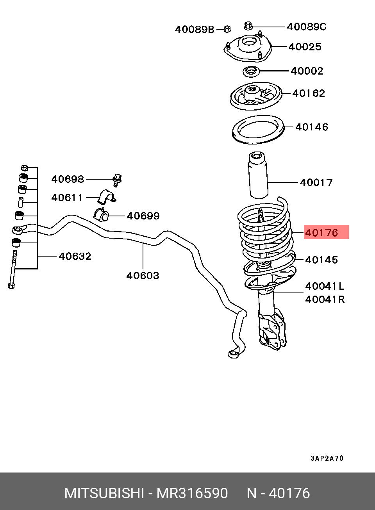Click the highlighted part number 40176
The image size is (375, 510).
(x=321, y=233)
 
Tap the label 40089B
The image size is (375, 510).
(x=195, y=29)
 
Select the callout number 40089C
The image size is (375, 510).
(x=307, y=27)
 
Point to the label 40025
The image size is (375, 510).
(x=305, y=47)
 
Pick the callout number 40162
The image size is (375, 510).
(x=309, y=93)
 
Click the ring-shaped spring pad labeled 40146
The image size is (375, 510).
(x=258, y=130)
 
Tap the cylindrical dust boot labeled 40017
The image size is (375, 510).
(x=258, y=175)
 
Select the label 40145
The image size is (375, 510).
(x=321, y=260)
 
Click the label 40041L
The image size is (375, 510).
(x=325, y=286)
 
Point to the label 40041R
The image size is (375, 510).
(x=325, y=300)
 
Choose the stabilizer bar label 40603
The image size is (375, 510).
(x=143, y=276)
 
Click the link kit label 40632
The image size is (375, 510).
(x=75, y=256)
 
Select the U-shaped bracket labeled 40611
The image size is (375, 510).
(x=107, y=197)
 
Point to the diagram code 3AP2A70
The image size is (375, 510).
(x=327, y=458)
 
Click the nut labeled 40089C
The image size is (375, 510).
(x=248, y=26)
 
